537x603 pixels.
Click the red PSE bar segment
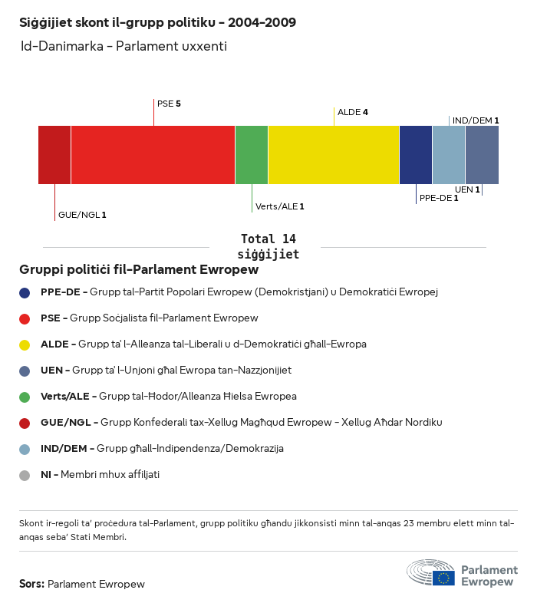(153, 155)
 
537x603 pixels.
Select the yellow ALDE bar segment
(334, 155)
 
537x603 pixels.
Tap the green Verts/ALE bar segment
(252, 155)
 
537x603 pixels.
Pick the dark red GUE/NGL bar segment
(54, 155)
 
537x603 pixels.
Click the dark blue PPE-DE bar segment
(416, 155)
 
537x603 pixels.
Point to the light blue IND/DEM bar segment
(449, 155)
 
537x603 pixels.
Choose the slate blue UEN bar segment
(482, 155)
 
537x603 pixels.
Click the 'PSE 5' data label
(169, 103)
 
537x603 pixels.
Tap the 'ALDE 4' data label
(353, 112)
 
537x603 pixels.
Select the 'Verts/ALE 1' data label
(280, 206)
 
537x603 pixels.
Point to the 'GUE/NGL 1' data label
(82, 215)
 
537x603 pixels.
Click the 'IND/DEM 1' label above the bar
(476, 120)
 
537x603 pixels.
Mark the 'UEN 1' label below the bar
(467, 189)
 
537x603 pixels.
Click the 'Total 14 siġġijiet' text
(268, 246)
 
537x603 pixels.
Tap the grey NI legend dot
(25, 475)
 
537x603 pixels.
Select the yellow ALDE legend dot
(25, 344)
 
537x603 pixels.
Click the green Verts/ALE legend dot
(25, 397)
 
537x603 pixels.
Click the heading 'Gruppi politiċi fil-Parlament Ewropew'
(139, 270)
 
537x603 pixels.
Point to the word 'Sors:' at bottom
(32, 584)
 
